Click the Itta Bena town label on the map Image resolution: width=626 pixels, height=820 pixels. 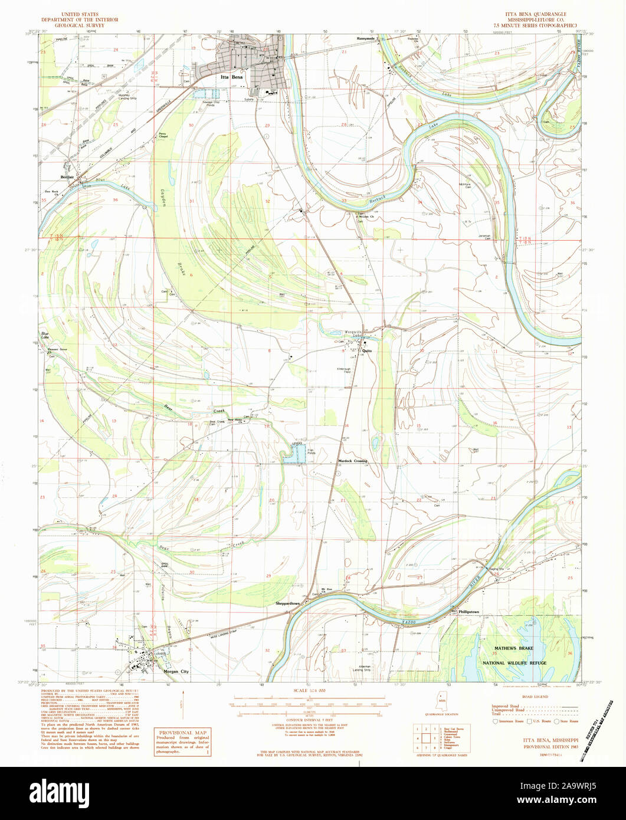[232, 77]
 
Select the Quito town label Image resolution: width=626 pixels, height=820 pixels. [368, 350]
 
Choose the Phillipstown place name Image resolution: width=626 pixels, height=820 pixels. [469, 612]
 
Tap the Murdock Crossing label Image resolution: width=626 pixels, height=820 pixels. [352, 461]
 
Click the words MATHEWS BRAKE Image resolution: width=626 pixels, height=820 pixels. [513, 648]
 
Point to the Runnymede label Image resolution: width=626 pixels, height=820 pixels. [366, 38]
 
